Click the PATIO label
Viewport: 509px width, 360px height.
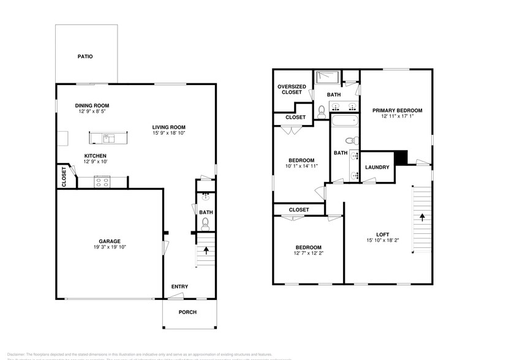tap(85, 56)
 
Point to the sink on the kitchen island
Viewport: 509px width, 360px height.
tap(107, 137)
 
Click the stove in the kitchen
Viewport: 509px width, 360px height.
tap(102, 181)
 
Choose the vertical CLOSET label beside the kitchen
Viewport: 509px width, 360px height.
tap(64, 176)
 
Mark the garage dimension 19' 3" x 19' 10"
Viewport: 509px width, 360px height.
tap(110, 247)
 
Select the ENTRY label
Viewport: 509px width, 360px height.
tap(179, 287)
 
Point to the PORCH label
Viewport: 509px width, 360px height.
tap(187, 312)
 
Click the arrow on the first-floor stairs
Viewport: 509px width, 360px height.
tap(206, 250)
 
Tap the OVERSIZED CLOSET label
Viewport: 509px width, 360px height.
tap(292, 89)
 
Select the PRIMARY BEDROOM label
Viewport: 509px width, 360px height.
tap(398, 110)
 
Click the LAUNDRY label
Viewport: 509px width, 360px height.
tap(377, 167)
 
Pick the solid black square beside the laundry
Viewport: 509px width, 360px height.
tap(401, 157)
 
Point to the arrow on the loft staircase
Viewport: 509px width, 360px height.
tap(421, 217)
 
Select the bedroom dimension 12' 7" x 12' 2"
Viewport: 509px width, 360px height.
tap(309, 253)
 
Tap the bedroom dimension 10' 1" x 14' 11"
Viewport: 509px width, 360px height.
tap(301, 166)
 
